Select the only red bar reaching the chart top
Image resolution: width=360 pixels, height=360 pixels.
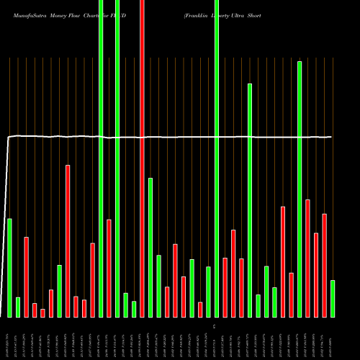(142, 158)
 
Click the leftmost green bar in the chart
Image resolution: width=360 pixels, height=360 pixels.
(9, 267)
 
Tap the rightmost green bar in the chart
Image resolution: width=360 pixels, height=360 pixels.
(333, 298)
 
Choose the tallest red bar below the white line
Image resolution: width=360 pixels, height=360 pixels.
(68, 240)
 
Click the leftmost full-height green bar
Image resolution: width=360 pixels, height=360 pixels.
(101, 158)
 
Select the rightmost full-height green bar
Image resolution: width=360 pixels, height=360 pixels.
(217, 158)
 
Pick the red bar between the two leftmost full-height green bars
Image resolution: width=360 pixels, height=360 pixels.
(109, 268)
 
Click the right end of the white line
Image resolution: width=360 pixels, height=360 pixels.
(331, 137)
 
